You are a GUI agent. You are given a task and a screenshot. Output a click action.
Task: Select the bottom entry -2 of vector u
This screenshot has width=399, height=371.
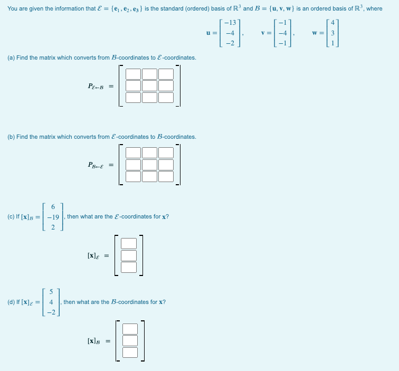pos(230,43)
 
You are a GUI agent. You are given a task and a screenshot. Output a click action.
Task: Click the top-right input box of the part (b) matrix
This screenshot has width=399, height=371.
pos(166,153)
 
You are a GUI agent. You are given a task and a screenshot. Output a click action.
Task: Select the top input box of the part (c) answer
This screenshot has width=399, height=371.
pos(129,243)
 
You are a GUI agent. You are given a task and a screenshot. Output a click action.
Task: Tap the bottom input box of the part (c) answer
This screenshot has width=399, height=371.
pos(129,267)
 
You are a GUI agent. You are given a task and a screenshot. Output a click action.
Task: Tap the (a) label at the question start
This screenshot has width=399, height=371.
pos(11,57)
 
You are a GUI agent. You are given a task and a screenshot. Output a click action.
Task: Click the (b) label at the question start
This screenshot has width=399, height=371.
pos(11,137)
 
